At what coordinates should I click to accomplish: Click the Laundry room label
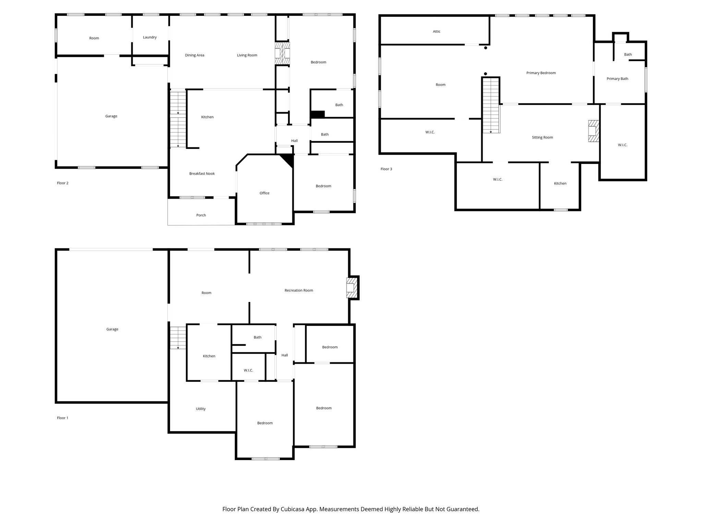coord(150,37)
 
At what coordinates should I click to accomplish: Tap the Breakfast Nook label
coord(202,174)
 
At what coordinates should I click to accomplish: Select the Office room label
coord(264,193)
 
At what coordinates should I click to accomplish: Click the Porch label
coord(201,215)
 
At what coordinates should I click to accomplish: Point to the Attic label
coord(436,32)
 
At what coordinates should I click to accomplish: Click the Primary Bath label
coord(617,79)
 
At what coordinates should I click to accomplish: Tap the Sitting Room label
coord(542,138)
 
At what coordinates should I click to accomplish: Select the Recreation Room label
coord(299,291)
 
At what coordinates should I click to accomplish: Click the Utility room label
coord(201,409)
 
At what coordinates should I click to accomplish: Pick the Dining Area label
coord(194,55)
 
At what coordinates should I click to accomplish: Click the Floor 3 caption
coord(386,169)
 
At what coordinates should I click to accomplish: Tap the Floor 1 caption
coord(62,418)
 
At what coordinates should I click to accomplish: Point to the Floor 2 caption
coord(62,183)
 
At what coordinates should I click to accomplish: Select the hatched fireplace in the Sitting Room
coord(593,131)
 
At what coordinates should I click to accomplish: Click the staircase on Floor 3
coord(491,105)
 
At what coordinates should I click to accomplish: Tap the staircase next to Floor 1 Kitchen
coord(178,338)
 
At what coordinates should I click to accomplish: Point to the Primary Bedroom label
coord(541,73)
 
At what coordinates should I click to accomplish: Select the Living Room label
coord(247,55)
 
